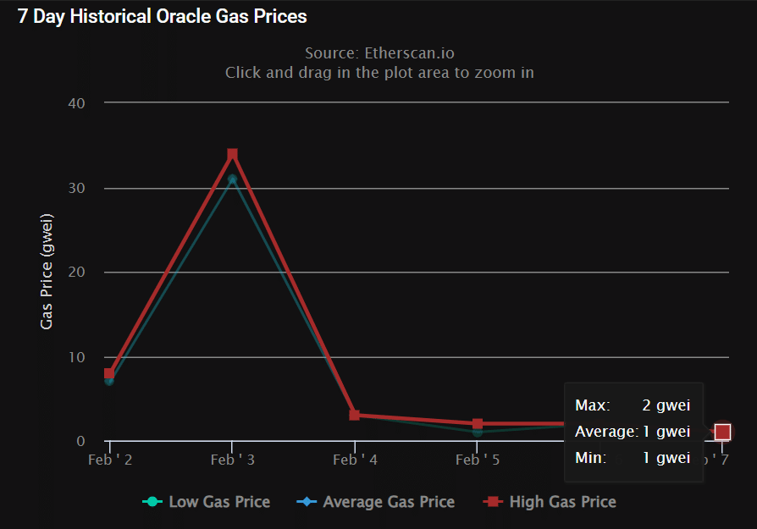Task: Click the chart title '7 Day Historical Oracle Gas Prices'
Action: [x=163, y=16]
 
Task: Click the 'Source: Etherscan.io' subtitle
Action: [x=379, y=53]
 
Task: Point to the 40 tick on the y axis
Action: [x=76, y=102]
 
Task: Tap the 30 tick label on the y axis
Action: [x=76, y=188]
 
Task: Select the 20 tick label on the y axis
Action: [x=76, y=273]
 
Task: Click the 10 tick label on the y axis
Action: [x=76, y=357]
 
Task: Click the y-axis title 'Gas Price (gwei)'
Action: [x=47, y=272]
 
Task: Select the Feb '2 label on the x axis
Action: [x=110, y=460]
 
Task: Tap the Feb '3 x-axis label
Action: [x=232, y=460]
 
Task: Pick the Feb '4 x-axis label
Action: [x=355, y=460]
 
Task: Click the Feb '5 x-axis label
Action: [x=478, y=460]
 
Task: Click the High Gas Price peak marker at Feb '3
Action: [x=232, y=154]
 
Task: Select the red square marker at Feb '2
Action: [x=109, y=373]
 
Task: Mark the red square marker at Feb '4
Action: [x=355, y=416]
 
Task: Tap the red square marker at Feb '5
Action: [x=478, y=424]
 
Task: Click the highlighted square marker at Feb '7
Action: [x=722, y=433]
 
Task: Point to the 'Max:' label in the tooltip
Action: [x=592, y=405]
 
